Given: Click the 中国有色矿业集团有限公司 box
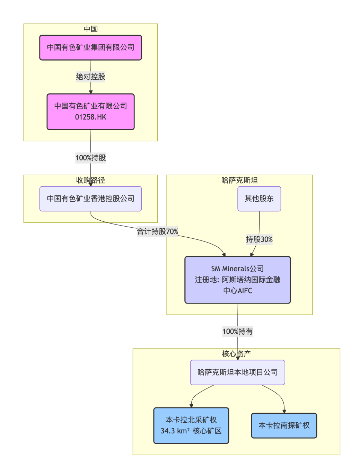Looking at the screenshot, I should click(90, 47).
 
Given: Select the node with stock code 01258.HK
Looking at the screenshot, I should click(90, 112).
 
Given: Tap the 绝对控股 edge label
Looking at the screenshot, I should click(90, 77).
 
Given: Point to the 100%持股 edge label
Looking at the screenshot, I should click(90, 158).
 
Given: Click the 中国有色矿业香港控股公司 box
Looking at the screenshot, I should click(90, 199).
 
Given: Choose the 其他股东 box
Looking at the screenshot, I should click(259, 199).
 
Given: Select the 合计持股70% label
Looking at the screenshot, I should click(157, 231).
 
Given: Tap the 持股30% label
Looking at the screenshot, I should click(259, 239).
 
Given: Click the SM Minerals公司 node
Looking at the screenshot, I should click(238, 280).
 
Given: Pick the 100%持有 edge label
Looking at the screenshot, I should click(238, 332).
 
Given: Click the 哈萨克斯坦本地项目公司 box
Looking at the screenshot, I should click(238, 372).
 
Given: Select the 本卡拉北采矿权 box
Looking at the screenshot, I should click(191, 425).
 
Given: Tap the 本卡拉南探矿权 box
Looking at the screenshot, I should click(284, 425).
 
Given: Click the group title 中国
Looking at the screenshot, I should click(90, 29).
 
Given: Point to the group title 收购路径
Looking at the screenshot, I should click(90, 180).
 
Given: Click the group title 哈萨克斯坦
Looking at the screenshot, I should click(239, 180).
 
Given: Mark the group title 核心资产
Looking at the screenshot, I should click(236, 354).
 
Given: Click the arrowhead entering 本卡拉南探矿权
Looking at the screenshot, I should click(284, 411).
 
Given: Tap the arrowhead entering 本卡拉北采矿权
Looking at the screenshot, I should click(191, 406).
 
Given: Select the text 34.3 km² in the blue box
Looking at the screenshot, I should click(175, 431).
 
